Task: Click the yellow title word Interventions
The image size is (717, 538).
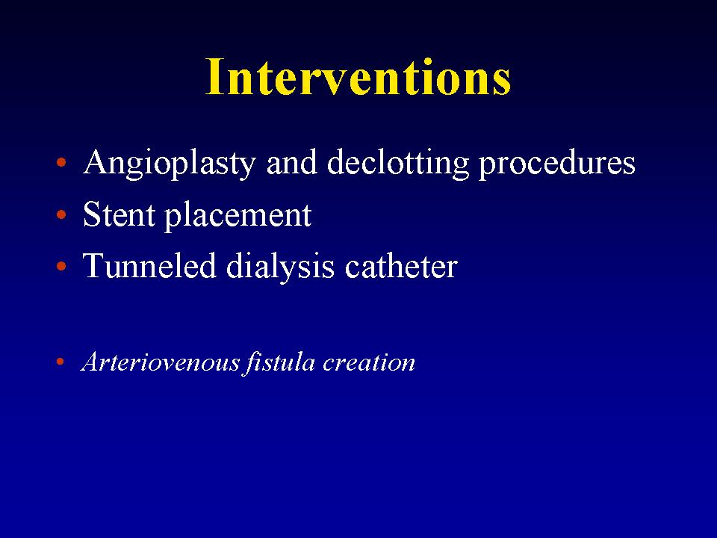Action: click(358, 76)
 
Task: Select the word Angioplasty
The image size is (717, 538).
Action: click(170, 164)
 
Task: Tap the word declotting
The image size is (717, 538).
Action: click(398, 164)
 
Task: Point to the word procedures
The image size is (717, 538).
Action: click(557, 164)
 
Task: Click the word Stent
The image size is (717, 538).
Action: click(119, 214)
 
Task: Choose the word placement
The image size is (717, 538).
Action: click(238, 217)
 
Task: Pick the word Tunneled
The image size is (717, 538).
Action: click(149, 265)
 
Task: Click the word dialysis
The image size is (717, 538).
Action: click(280, 268)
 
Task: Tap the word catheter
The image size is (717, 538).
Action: click(401, 266)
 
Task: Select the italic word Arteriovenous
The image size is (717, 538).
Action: click(161, 362)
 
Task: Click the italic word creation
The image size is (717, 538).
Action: click(368, 362)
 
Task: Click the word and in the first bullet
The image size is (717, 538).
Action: click(292, 164)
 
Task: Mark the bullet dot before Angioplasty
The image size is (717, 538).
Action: click(61, 162)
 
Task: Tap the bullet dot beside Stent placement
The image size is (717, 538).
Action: click(61, 214)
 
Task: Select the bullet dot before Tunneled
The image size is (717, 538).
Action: click(61, 266)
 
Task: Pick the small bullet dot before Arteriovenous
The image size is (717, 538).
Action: click(60, 362)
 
